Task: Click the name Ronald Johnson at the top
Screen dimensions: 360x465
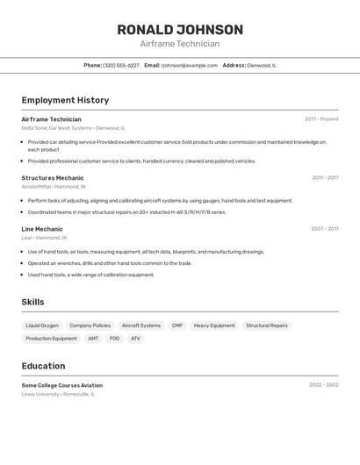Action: [180, 30]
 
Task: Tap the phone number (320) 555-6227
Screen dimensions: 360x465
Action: [121, 65]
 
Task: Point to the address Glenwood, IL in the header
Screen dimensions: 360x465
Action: [262, 65]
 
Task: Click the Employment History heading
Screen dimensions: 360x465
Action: [65, 100]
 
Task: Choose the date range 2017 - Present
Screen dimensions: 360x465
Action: [321, 119]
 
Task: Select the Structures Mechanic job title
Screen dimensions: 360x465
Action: [53, 178]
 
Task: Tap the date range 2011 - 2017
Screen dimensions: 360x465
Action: [325, 178]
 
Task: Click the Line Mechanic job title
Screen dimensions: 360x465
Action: [42, 229]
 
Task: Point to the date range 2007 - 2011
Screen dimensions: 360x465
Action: [325, 229]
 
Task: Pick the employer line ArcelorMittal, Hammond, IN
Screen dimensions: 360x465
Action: [54, 187]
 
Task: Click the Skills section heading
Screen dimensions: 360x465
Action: [33, 302]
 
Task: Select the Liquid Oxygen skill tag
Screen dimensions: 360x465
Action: [42, 325]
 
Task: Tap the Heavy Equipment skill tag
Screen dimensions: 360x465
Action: [214, 325]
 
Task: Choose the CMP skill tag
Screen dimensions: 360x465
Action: [177, 325]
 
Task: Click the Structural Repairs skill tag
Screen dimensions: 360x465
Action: [267, 325]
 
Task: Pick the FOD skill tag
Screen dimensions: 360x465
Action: [114, 339]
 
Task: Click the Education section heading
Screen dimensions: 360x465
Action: [43, 366]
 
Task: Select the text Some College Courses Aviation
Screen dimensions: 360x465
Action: [62, 385]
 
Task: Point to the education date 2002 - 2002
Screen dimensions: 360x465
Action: [323, 385]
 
